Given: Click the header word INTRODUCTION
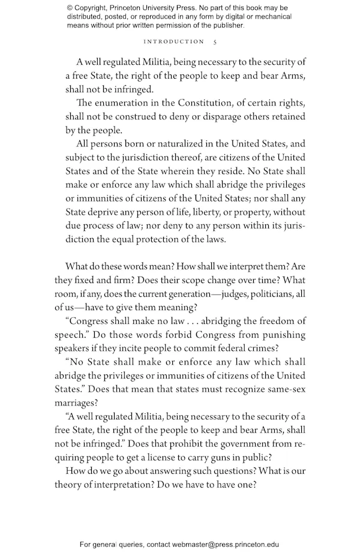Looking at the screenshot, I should coord(175,42).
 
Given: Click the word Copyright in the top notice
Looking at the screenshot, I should coord(95,8).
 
